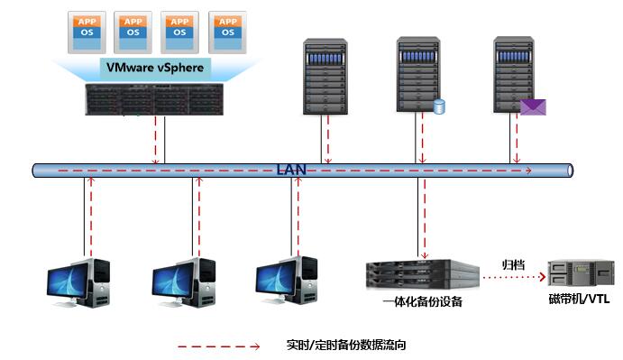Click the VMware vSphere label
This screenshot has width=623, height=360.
155,67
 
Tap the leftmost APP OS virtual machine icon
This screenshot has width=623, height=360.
86,29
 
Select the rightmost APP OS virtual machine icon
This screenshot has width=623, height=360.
226,29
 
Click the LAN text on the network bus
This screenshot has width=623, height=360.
291,169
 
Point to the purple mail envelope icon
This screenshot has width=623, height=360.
533,107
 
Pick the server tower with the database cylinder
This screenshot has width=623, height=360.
417,76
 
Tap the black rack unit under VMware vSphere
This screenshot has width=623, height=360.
154,98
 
